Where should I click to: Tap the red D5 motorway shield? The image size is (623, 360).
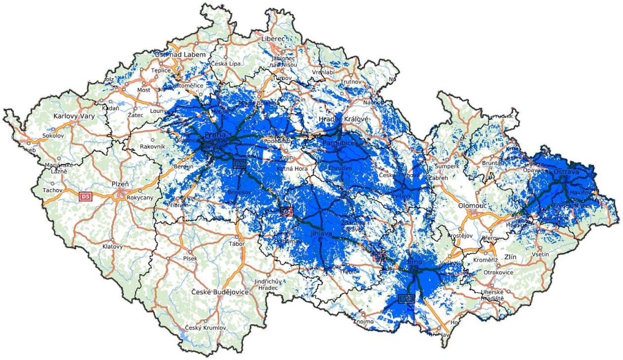(86, 197)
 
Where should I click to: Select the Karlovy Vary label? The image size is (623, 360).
(73, 117)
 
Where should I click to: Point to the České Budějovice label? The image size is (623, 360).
(220, 292)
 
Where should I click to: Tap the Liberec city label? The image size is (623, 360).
(274, 38)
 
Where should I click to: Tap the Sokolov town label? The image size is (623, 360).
(53, 135)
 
